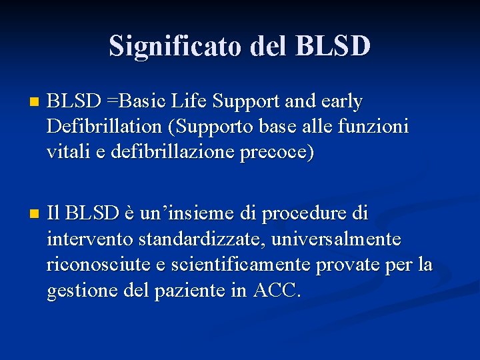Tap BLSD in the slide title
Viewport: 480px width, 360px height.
coord(331,46)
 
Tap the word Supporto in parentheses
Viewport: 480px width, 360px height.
coord(218,127)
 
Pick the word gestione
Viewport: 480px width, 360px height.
coord(81,289)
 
